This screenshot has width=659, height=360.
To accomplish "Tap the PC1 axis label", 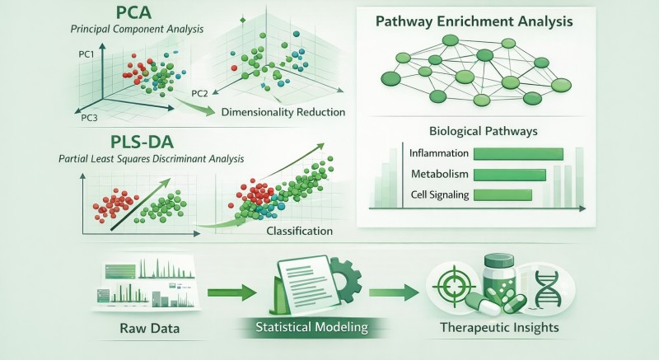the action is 86,54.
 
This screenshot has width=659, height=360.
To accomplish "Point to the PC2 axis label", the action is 199,93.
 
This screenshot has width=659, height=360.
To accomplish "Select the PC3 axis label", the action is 89,118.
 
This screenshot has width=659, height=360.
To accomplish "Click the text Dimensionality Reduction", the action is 283,112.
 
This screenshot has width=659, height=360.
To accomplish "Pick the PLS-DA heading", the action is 142,143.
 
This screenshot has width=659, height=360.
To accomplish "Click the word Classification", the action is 300,231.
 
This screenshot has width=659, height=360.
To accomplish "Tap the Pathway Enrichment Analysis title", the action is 474,21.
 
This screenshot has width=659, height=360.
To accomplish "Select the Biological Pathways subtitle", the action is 484,131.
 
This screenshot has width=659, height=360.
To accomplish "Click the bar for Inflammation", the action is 518,154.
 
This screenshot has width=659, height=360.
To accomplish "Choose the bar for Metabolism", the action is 510,175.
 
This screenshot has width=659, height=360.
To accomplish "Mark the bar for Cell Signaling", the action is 502,195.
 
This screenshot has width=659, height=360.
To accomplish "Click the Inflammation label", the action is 439,153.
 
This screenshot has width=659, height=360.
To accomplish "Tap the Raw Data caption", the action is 150,328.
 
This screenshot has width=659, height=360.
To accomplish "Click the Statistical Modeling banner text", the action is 312,327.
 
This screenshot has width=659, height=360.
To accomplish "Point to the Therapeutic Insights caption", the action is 500,327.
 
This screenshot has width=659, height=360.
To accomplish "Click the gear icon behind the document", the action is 347,279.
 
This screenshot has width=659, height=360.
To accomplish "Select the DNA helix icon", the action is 546,288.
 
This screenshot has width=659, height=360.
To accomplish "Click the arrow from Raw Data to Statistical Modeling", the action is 232,292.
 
